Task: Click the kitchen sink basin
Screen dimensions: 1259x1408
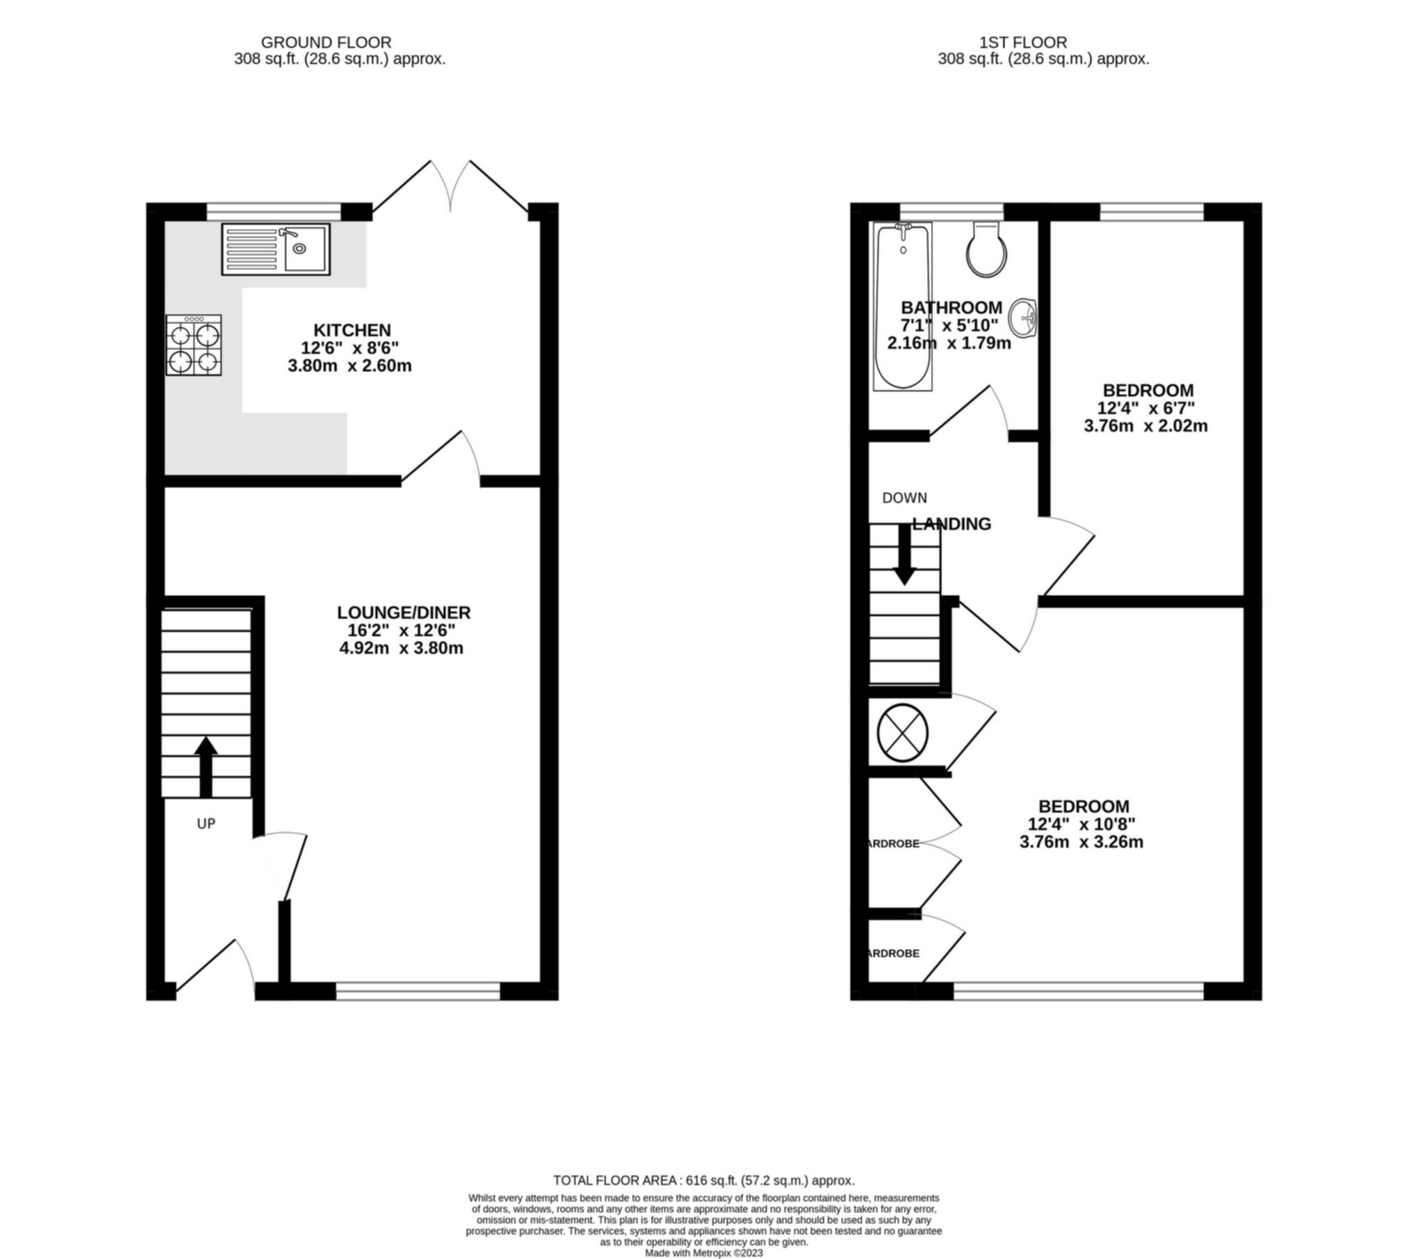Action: point(305,248)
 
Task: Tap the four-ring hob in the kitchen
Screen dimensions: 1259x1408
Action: point(193,345)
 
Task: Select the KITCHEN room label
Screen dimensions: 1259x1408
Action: point(352,330)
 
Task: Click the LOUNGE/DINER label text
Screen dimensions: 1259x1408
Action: point(404,612)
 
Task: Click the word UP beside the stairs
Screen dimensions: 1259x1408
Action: point(206,824)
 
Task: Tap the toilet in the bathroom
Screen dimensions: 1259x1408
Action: point(986,250)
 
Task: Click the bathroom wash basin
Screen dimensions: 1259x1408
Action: point(1023,318)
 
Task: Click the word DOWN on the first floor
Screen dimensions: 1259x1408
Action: point(904,498)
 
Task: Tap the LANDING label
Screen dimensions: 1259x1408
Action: point(951,524)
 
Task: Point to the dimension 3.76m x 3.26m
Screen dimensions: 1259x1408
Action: point(1081,842)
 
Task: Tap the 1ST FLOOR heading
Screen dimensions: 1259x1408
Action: point(1043,43)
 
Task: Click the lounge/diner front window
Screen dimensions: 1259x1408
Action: point(417,991)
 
